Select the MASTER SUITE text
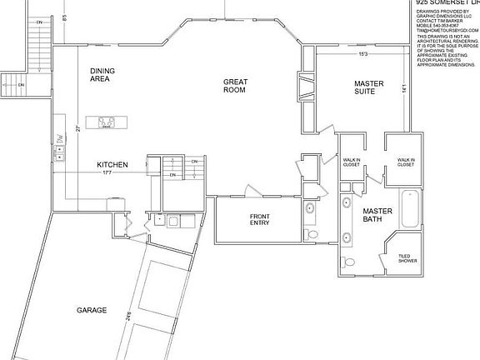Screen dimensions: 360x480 pyautogui.click(x=368, y=87)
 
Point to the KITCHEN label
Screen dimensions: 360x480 pyautogui.click(x=112, y=165)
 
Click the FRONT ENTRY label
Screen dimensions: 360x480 pyautogui.click(x=259, y=220)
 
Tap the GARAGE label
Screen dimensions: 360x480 pyautogui.click(x=92, y=310)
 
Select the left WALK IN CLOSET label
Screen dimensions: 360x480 pyautogui.click(x=351, y=162)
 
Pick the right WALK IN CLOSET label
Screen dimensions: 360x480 pyautogui.click(x=405, y=162)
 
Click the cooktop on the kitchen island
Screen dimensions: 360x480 pyautogui.click(x=107, y=123)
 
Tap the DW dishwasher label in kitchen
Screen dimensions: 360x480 pyautogui.click(x=59, y=137)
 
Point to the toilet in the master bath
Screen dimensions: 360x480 pyautogui.click(x=347, y=262)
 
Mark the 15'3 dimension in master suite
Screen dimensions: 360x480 pyautogui.click(x=363, y=55)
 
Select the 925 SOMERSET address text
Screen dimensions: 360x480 pyautogui.click(x=447, y=3)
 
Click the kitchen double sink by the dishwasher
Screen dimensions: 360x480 pyautogui.click(x=59, y=155)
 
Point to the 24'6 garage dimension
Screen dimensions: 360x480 pyautogui.click(x=129, y=317)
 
